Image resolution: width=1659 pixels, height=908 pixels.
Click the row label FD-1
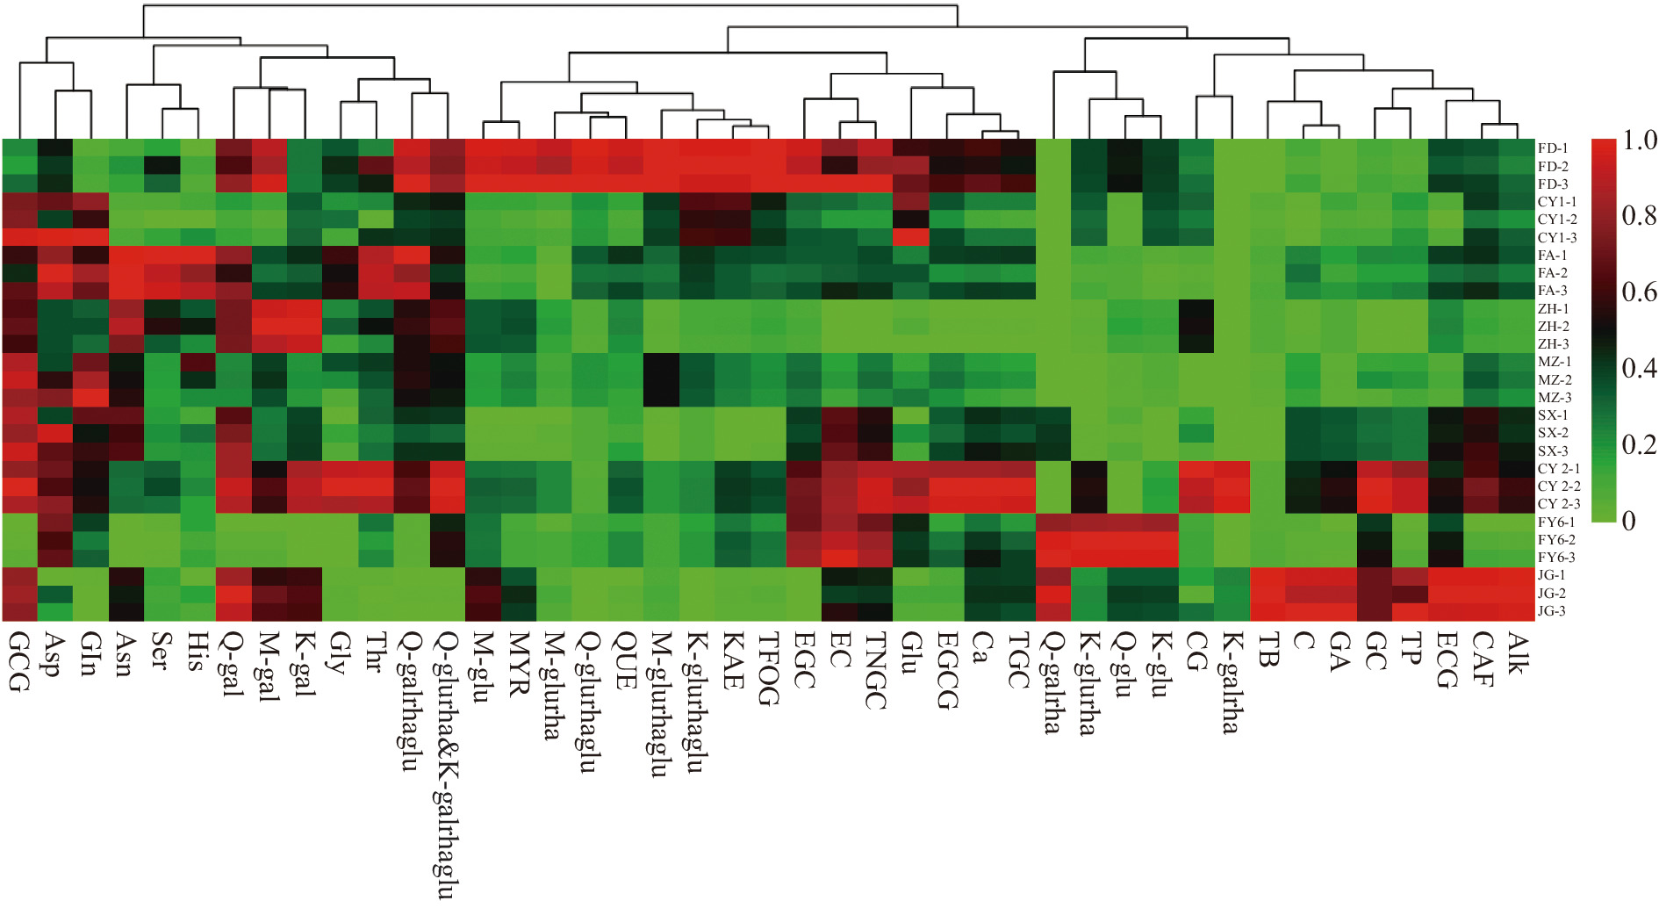pyautogui.click(x=1552, y=148)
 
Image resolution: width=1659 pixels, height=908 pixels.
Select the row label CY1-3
pyautogui.click(x=1556, y=237)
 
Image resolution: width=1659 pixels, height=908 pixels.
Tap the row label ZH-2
pyautogui.click(x=1553, y=326)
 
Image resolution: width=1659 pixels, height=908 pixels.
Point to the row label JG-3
pyautogui.click(x=1551, y=610)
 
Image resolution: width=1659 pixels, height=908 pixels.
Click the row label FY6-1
pyautogui.click(x=1556, y=522)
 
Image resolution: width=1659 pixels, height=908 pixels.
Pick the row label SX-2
pyautogui.click(x=1552, y=432)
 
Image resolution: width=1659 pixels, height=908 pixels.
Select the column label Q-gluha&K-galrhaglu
pyautogui.click(x=447, y=764)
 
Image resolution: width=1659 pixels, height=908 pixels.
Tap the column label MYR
pyautogui.click(x=519, y=663)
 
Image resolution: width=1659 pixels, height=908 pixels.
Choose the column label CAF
pyautogui.click(x=1481, y=658)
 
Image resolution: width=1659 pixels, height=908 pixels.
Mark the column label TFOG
pyautogui.click(x=767, y=668)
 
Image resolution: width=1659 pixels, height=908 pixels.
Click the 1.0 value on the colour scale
pyautogui.click(x=1639, y=141)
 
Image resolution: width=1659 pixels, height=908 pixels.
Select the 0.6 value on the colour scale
pyautogui.click(x=1639, y=292)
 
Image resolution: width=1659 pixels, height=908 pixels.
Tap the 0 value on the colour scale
pyautogui.click(x=1629, y=521)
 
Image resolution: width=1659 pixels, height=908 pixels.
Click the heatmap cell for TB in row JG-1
pyautogui.click(x=1267, y=575)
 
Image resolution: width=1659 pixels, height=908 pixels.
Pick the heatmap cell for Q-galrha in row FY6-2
pyautogui.click(x=1053, y=539)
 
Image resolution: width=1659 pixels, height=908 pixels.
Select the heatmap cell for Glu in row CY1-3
pyautogui.click(x=911, y=237)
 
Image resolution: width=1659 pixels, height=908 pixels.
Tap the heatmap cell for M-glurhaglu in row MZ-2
pyautogui.click(x=662, y=379)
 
